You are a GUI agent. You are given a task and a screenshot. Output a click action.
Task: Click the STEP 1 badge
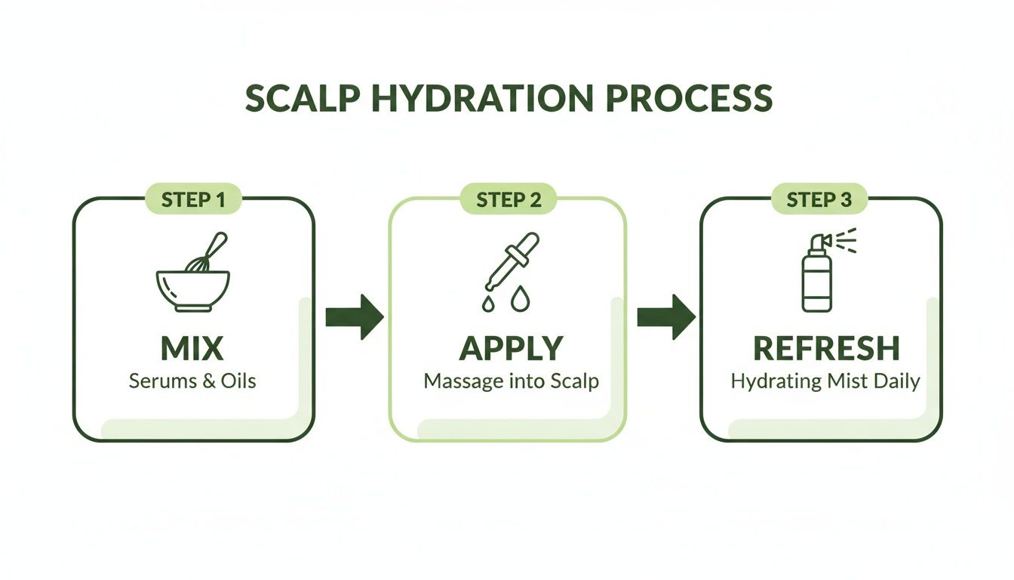[x=192, y=200]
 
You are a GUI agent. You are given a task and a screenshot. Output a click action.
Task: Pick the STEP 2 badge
[x=508, y=200]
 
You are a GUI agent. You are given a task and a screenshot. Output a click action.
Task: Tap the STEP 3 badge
[x=821, y=200]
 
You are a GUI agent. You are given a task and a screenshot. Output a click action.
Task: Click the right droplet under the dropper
[x=520, y=301]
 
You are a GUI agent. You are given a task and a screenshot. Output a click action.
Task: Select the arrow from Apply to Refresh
[x=665, y=316]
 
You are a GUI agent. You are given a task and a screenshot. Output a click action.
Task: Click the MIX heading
[x=192, y=347]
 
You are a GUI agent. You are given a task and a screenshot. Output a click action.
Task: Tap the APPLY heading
[x=511, y=347]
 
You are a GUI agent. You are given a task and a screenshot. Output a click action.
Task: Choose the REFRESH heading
[x=825, y=347]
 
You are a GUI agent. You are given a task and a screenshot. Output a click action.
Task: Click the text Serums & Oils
[x=192, y=380]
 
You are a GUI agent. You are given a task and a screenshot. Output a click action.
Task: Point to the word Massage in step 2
[x=462, y=381]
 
